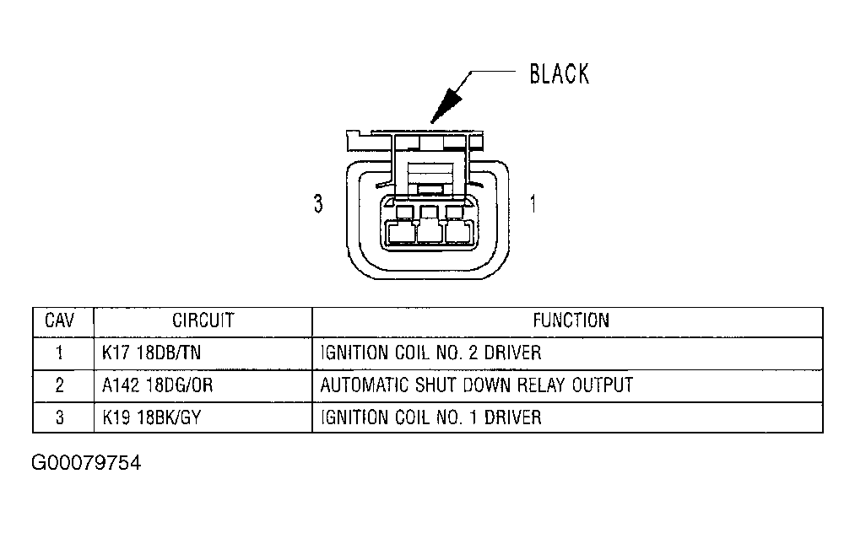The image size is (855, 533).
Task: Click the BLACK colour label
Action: click(x=559, y=74)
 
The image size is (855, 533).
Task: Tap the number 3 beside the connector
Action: click(x=318, y=204)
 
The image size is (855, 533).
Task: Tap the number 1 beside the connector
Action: click(x=533, y=204)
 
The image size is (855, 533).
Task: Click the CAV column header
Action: click(x=60, y=321)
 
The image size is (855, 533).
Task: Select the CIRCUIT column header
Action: click(x=203, y=321)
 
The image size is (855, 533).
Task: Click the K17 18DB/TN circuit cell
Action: click(x=151, y=353)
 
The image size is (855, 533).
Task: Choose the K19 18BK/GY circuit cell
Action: click(x=151, y=417)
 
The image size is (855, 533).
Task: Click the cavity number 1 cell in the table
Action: click(x=60, y=353)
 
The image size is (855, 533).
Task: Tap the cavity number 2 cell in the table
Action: click(x=60, y=385)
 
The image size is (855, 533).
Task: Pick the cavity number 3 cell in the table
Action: click(x=60, y=417)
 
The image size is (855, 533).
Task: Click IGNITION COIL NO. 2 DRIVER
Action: click(x=430, y=353)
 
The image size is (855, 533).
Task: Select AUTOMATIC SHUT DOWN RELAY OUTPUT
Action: click(x=476, y=385)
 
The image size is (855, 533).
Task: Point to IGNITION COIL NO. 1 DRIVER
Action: click(x=430, y=417)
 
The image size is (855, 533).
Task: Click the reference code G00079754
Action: click(x=86, y=464)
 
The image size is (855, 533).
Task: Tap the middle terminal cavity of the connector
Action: click(x=429, y=232)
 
